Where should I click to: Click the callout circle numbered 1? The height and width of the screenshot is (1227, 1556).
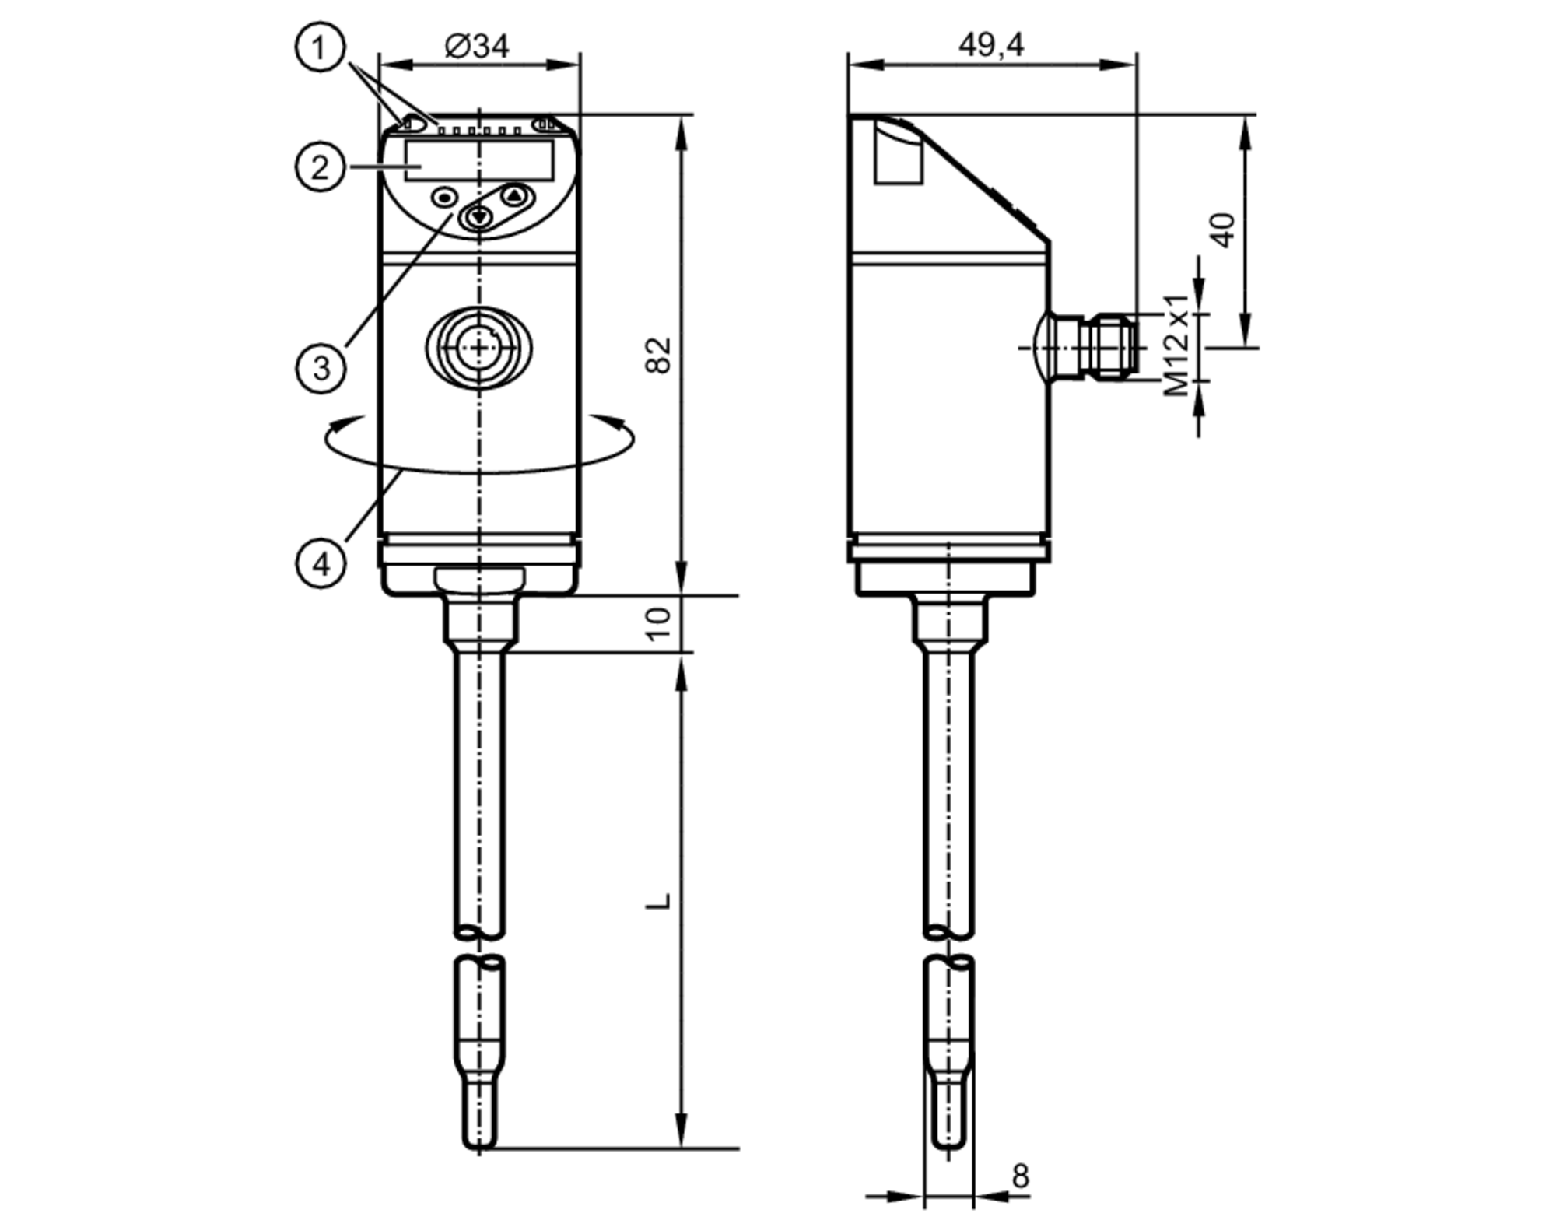click(319, 48)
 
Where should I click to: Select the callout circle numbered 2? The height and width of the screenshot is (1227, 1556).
click(320, 167)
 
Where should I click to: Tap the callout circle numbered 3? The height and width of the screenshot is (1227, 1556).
click(321, 368)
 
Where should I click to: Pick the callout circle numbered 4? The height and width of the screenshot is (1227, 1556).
click(321, 563)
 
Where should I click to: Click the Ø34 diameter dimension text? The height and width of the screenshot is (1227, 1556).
click(477, 46)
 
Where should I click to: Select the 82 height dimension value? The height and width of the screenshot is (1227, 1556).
click(658, 355)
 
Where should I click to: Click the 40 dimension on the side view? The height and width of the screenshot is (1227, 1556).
click(1223, 230)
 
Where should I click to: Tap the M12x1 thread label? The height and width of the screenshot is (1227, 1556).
click(1176, 345)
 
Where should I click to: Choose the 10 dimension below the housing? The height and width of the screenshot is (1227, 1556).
click(658, 623)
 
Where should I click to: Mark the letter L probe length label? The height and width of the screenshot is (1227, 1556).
click(658, 901)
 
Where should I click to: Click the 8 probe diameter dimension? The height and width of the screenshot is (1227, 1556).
click(1020, 1176)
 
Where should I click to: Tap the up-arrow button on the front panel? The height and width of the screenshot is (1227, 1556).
click(514, 195)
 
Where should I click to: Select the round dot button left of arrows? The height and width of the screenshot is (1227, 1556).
click(444, 198)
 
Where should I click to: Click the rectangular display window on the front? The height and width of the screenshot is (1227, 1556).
click(479, 160)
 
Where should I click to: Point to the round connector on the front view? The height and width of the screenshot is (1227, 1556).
click(479, 347)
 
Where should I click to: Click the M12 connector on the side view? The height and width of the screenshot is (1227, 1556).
click(1097, 347)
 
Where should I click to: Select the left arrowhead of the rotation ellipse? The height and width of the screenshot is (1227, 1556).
click(336, 425)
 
